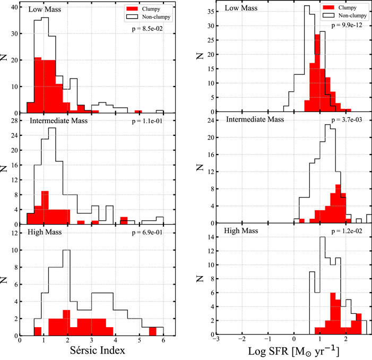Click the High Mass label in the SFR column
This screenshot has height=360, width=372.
coord(241,233)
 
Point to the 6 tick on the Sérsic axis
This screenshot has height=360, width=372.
coord(163,341)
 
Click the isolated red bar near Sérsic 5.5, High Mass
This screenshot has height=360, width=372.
coord(152,331)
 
